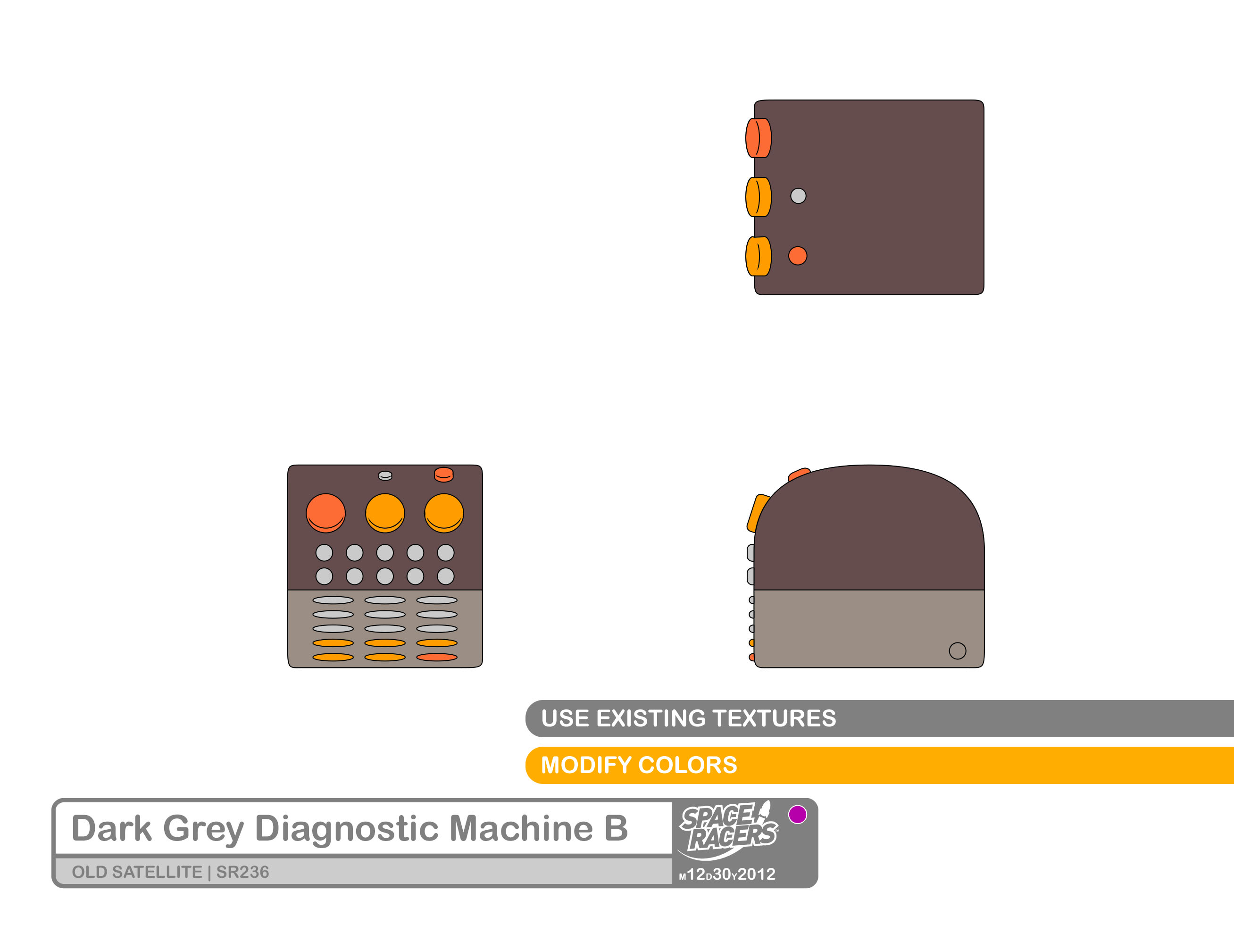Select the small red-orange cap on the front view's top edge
[x=443, y=474]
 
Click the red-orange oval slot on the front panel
[x=437, y=657]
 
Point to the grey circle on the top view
[x=798, y=196]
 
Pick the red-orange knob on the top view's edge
[x=759, y=138]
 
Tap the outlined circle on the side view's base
[x=957, y=651]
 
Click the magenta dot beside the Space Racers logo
[x=798, y=815]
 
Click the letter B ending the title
[x=616, y=829]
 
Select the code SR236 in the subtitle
[x=242, y=872]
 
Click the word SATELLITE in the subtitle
[x=158, y=872]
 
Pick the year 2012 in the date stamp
[x=757, y=875]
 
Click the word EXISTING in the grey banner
[x=650, y=718]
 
